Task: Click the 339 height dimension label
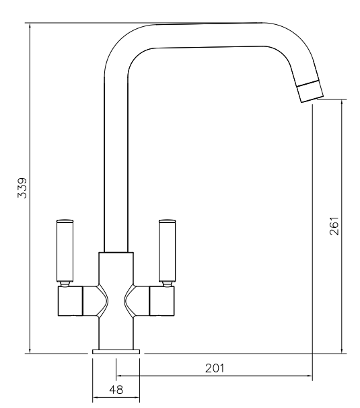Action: pyautogui.click(x=22, y=188)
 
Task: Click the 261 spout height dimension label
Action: pyautogui.click(x=334, y=226)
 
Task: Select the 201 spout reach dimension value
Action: pyautogui.click(x=215, y=368)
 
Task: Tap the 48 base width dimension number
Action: pyautogui.click(x=116, y=390)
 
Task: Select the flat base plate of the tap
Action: pyautogui.click(x=116, y=352)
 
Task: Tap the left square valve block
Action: pyautogui.click(x=70, y=301)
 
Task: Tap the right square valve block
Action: pyautogui.click(x=161, y=301)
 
